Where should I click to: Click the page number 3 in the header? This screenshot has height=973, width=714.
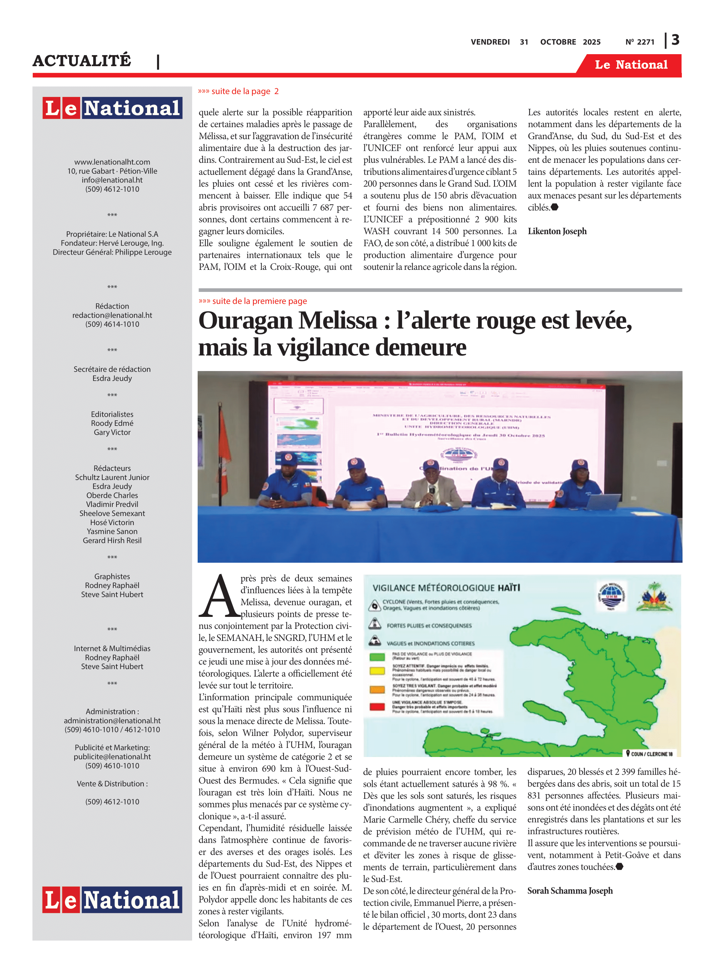pos(675,40)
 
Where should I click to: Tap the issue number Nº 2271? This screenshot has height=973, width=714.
pos(640,42)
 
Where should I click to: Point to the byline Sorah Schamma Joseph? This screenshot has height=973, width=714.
pos(570,891)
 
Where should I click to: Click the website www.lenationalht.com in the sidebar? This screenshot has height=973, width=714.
pos(112,162)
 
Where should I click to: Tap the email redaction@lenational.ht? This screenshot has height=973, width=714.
pos(112,315)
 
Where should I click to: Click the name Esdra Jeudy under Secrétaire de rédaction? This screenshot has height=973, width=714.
pos(112,378)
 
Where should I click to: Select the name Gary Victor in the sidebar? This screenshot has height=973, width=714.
pos(112,432)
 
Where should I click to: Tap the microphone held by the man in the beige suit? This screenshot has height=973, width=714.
pos(431,491)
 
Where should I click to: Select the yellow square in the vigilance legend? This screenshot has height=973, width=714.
pos(377,671)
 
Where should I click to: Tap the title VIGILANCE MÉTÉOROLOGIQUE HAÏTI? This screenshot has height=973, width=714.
pos(446,588)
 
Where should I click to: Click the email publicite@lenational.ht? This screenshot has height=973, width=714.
pos(112,757)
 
